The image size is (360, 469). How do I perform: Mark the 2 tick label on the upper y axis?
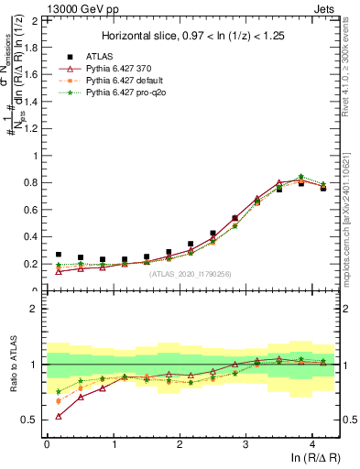point(36,20)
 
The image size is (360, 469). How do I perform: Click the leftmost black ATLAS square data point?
point(59,255)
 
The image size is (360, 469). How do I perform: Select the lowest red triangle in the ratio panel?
point(59,416)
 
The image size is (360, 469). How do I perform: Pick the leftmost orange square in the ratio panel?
point(59,401)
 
